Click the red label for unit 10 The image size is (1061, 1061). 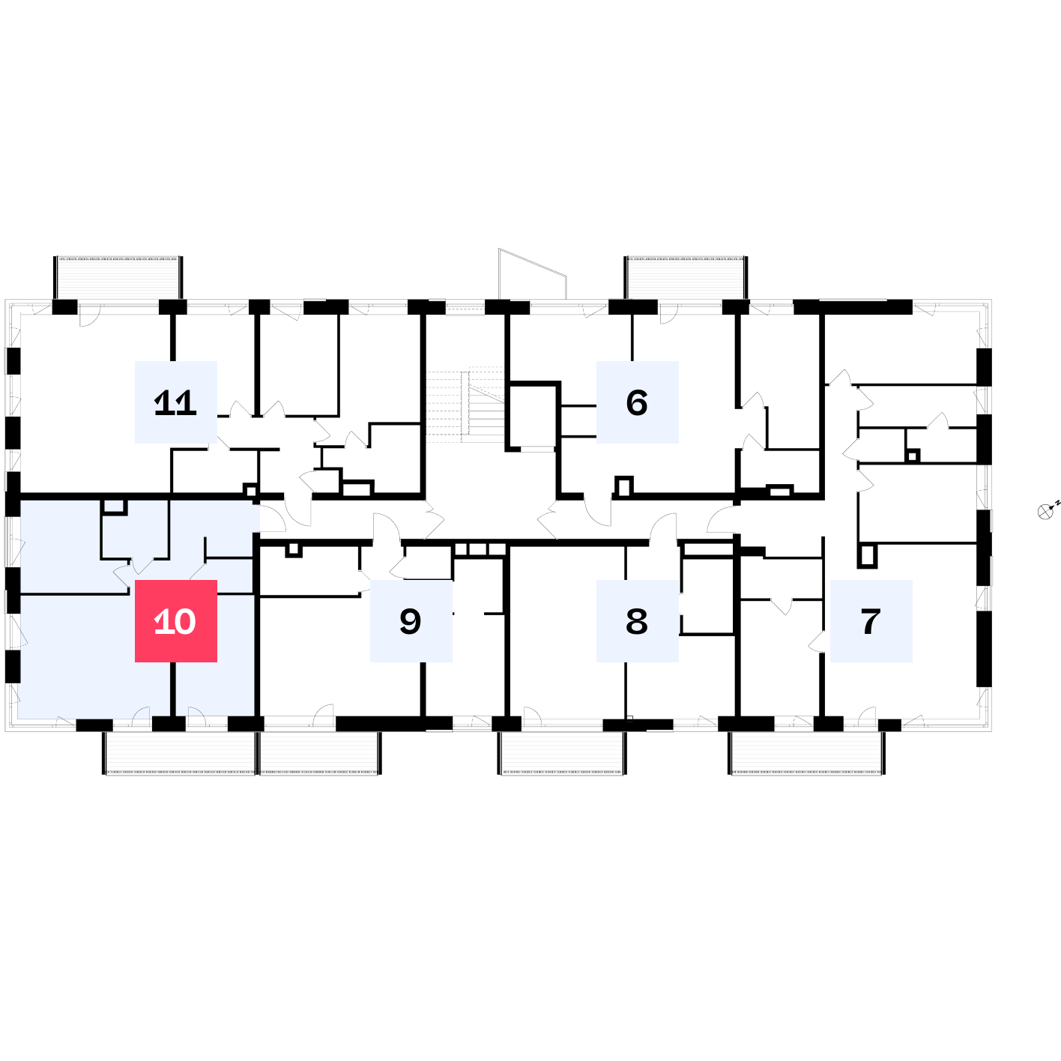[x=175, y=620]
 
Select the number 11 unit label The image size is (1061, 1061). [x=175, y=402]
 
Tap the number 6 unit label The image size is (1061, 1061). [x=637, y=402]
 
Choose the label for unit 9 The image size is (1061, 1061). [x=411, y=620]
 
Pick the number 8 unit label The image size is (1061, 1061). [x=637, y=620]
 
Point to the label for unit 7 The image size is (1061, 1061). [x=871, y=620]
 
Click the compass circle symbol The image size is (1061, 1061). [x=1045, y=512]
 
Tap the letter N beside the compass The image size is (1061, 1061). [x=1058, y=503]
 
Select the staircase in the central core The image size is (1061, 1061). [x=465, y=405]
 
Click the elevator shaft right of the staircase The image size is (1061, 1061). [x=532, y=417]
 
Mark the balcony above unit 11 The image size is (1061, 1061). [x=118, y=278]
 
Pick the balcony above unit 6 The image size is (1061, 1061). [x=686, y=278]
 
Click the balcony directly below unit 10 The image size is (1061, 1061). [x=180, y=753]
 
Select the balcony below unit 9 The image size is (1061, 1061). [x=320, y=753]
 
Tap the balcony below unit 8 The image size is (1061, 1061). [x=562, y=753]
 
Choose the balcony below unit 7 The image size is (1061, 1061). [x=807, y=753]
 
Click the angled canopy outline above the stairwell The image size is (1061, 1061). [x=532, y=273]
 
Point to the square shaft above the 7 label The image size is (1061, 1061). [x=867, y=556]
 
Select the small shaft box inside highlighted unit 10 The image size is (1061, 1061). [x=114, y=507]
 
